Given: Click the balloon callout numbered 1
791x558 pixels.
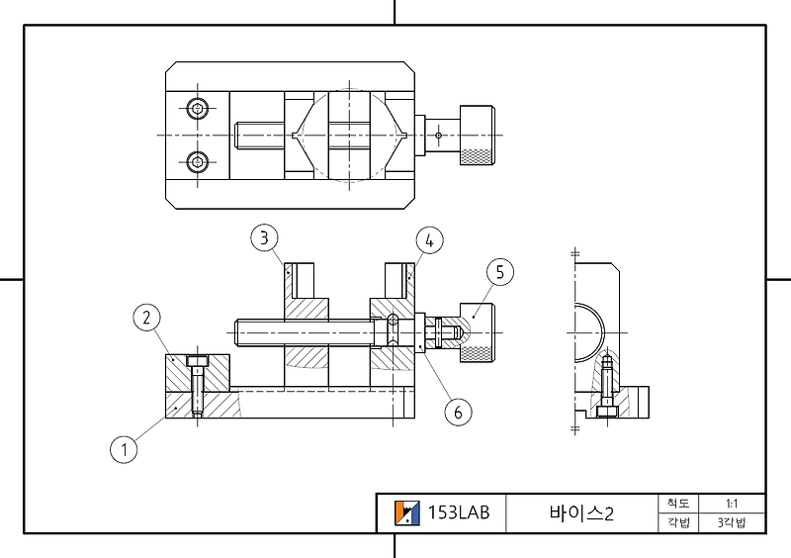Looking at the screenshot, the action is click(124, 450).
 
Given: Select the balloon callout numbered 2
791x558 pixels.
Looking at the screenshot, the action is click(146, 318).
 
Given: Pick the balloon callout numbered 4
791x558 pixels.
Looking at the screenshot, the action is click(428, 239).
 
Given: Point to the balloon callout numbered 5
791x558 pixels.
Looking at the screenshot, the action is click(500, 273).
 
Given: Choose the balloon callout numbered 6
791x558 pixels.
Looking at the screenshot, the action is click(457, 412).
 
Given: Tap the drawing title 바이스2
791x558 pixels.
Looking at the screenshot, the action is click(581, 512).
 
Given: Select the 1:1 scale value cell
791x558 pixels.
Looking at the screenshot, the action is click(732, 503).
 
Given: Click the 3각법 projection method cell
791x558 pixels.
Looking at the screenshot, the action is click(732, 522).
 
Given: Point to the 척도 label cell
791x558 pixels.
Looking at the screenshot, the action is click(677, 503).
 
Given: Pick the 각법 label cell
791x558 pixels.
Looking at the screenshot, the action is click(677, 522).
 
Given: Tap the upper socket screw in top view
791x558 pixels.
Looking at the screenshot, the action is click(200, 107).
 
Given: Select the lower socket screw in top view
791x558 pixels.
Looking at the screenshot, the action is click(200, 161).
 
